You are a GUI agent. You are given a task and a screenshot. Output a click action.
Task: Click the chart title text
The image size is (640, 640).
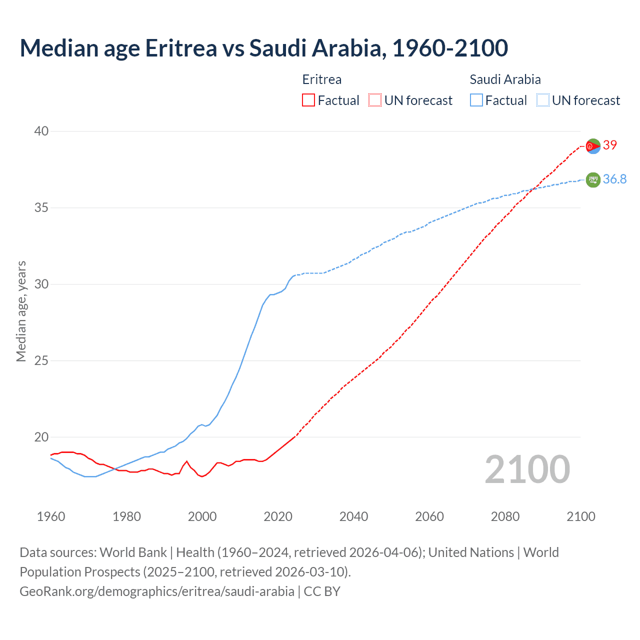(x=263, y=48)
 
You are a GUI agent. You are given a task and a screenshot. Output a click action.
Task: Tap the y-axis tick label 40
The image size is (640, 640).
(x=41, y=131)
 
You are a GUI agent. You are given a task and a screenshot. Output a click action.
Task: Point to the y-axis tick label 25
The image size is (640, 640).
(x=41, y=360)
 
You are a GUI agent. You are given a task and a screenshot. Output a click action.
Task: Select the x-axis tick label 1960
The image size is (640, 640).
(x=51, y=516)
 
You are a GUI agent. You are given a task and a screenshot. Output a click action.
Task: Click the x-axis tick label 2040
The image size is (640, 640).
(x=353, y=516)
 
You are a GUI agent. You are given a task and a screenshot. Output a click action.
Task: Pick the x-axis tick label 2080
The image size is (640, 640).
(x=505, y=516)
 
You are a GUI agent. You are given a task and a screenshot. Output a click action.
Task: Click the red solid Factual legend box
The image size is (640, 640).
(x=308, y=100)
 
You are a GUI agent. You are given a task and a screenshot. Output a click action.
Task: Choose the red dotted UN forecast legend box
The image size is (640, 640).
(x=375, y=100)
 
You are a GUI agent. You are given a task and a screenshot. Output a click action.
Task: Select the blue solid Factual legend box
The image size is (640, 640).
(x=476, y=100)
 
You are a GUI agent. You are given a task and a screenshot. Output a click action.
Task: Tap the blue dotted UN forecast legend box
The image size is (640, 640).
(x=543, y=100)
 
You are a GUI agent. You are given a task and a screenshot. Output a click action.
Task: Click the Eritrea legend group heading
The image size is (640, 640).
(x=322, y=79)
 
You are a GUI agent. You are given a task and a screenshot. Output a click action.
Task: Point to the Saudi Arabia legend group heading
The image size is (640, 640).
(x=505, y=79)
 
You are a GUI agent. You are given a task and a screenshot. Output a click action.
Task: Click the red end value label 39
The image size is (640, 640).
(x=610, y=145)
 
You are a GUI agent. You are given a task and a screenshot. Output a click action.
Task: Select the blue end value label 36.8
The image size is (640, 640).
(x=614, y=179)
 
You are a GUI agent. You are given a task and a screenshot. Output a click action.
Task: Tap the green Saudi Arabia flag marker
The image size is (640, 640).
(x=593, y=179)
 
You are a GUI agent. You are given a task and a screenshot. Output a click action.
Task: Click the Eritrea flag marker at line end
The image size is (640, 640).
(x=593, y=146)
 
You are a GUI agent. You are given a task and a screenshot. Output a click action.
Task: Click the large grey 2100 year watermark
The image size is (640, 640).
(x=527, y=469)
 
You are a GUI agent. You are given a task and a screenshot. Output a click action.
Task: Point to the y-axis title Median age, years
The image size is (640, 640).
(x=21, y=311)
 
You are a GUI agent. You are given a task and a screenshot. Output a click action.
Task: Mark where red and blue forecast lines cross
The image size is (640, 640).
(x=532, y=189)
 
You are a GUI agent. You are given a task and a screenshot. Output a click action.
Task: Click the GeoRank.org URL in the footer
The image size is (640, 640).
(x=157, y=591)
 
